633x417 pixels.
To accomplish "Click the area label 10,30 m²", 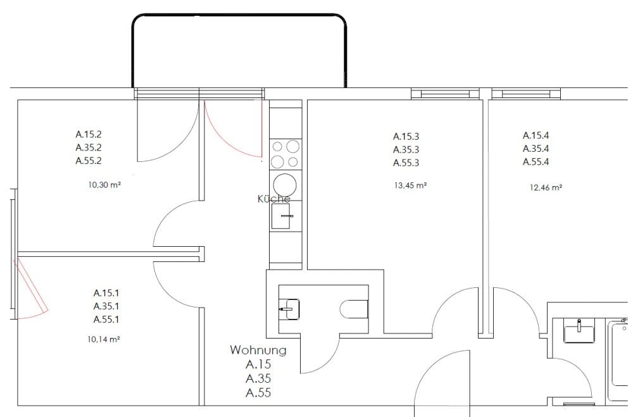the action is [104, 185].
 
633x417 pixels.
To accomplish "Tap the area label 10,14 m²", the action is [104, 339].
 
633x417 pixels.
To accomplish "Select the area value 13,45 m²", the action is [411, 185].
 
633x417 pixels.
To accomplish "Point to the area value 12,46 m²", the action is [546, 187].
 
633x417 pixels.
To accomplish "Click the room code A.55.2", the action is [89, 161].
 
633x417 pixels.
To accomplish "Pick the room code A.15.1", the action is [106, 293].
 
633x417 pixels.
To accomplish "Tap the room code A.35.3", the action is [406, 150].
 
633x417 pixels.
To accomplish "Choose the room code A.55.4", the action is [536, 162].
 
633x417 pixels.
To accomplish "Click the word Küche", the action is [273, 199].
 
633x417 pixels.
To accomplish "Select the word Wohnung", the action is [258, 349].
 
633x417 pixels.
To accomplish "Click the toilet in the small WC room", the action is [354, 309].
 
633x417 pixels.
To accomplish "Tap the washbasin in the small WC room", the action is [289, 309].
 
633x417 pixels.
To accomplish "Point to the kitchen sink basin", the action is [280, 216].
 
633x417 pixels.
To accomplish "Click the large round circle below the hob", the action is [285, 185].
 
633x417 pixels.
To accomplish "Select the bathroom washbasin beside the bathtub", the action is [579, 330].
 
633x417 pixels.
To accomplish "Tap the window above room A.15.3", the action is [445, 94].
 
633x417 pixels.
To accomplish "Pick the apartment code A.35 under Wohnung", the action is [258, 378].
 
